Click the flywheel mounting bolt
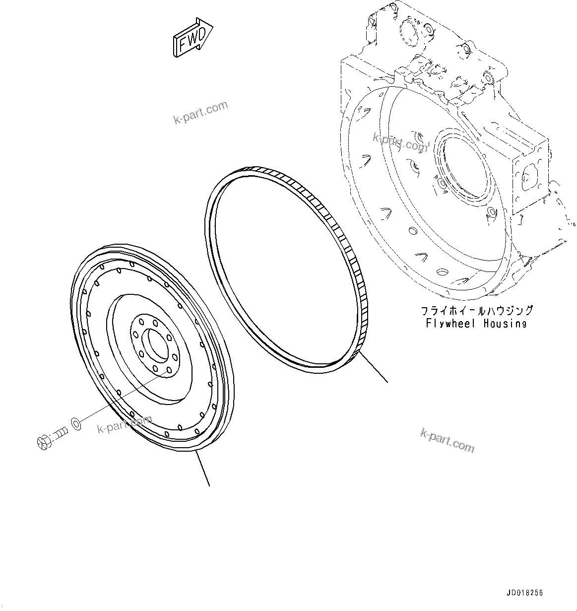click(x=52, y=437)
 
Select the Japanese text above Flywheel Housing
click(x=477, y=311)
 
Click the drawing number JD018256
click(x=525, y=593)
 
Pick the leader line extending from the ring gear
click(x=373, y=368)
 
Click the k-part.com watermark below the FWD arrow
click(x=200, y=113)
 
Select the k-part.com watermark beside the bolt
click(x=125, y=425)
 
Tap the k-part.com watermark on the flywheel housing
click(x=400, y=143)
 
